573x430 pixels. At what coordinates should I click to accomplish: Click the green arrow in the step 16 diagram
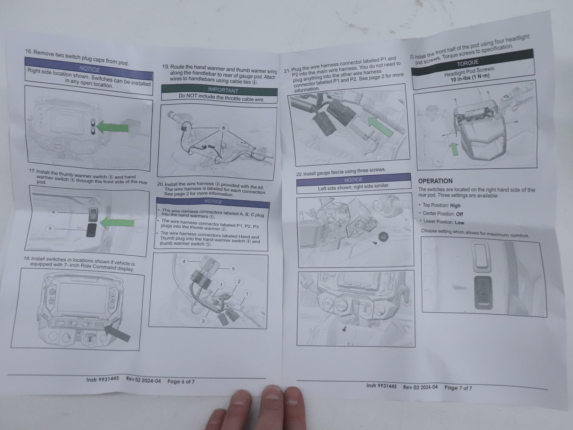[x=113, y=127]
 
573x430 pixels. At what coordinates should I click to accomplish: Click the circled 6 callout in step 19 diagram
[x=223, y=128]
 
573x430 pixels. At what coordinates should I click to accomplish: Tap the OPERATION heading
[x=435, y=181]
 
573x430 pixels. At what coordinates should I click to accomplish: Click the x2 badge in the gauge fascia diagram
[x=383, y=237]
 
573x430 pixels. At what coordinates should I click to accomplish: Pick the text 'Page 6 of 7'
[x=181, y=381]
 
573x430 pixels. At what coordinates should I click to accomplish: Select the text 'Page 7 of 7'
[x=458, y=388]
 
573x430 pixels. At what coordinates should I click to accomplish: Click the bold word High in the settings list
[x=455, y=205]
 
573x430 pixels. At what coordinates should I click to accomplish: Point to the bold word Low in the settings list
[x=459, y=222]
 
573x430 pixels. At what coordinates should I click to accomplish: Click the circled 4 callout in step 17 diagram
[x=53, y=212]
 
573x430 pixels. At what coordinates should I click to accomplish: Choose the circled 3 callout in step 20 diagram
[x=203, y=321]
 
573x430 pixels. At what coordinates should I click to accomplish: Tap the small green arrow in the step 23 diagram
[x=454, y=148]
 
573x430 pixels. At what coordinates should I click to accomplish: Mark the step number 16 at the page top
[x=28, y=51]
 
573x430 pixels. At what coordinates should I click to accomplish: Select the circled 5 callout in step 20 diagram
[x=233, y=269]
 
